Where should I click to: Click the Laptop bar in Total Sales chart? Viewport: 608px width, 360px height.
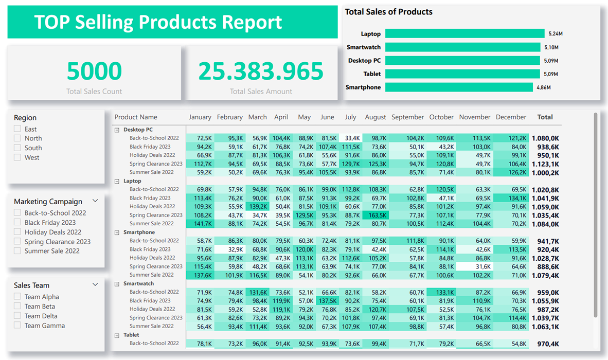pos(464,33)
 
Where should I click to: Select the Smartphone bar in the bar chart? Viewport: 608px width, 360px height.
pos(459,87)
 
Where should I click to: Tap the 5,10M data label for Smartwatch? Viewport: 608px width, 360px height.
pos(551,47)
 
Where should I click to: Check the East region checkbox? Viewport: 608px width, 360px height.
pos(17,129)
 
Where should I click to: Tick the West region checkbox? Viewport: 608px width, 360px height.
pos(17,157)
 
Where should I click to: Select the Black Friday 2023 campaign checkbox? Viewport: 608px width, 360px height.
pos(17,223)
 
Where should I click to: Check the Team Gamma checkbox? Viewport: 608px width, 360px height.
pos(17,326)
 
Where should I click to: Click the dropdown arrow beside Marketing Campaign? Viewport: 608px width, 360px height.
pos(95,201)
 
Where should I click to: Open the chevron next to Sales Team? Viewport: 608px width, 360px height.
pos(95,285)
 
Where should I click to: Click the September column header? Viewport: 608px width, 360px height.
pos(407,117)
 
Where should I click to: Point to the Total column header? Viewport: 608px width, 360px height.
pos(545,117)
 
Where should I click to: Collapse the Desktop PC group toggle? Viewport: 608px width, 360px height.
pos(117,130)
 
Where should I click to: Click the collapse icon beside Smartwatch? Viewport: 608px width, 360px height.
pos(117,284)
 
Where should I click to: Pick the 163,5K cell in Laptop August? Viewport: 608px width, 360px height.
pos(375,215)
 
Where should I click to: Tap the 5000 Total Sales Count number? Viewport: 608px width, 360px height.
pos(94,71)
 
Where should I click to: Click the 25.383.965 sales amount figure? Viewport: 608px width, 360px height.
pos(261,71)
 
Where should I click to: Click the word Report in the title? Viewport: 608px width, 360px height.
pos(252,22)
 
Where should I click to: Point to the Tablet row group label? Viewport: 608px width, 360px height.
pos(131,335)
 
